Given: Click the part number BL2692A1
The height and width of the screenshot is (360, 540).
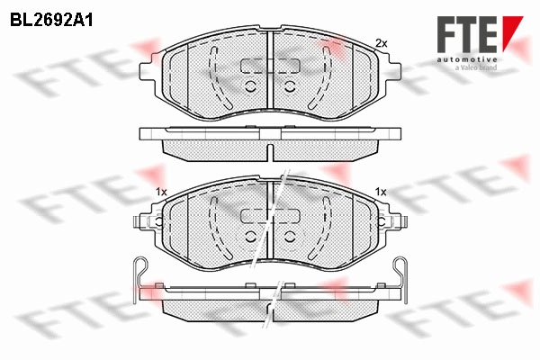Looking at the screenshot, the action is coord(51,21).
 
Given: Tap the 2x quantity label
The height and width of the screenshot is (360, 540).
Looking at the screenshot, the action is coord(382,43).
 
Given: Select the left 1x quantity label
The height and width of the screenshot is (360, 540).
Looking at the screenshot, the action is coord(161,193).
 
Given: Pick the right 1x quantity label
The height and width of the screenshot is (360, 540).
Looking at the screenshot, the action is coord(381,193).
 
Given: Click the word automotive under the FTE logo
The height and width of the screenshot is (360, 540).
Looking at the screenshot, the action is coord(467,60).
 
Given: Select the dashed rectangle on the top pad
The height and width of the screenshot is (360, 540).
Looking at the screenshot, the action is coord(270,66).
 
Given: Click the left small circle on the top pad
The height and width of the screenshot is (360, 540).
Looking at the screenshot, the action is coord(251,86).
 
